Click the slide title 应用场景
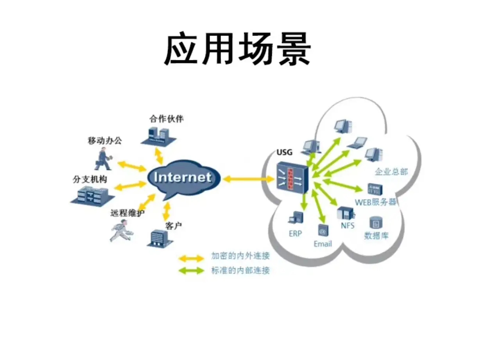tap(237, 50)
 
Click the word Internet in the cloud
tap(183, 177)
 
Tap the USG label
tap(284, 152)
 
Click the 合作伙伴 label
tap(166, 119)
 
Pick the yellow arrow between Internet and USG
tap(249, 179)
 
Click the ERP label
tap(296, 234)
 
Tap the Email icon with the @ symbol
tap(323, 231)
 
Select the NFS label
tap(346, 226)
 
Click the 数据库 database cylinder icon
tap(376, 223)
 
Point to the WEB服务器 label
tap(376, 202)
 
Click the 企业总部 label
tap(391, 171)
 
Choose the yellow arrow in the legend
tap(191, 258)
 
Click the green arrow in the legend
tap(191, 270)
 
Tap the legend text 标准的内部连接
tap(240, 270)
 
